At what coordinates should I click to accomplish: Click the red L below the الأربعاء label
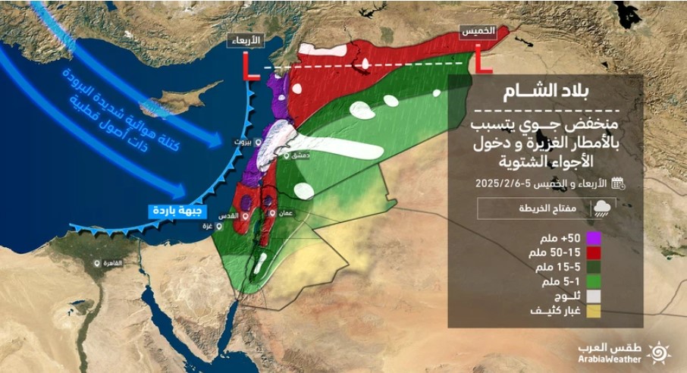point(248,64)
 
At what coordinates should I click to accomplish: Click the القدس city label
point(229,216)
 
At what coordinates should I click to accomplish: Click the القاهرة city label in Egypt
point(112,263)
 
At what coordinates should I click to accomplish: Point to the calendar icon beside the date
point(617,183)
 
